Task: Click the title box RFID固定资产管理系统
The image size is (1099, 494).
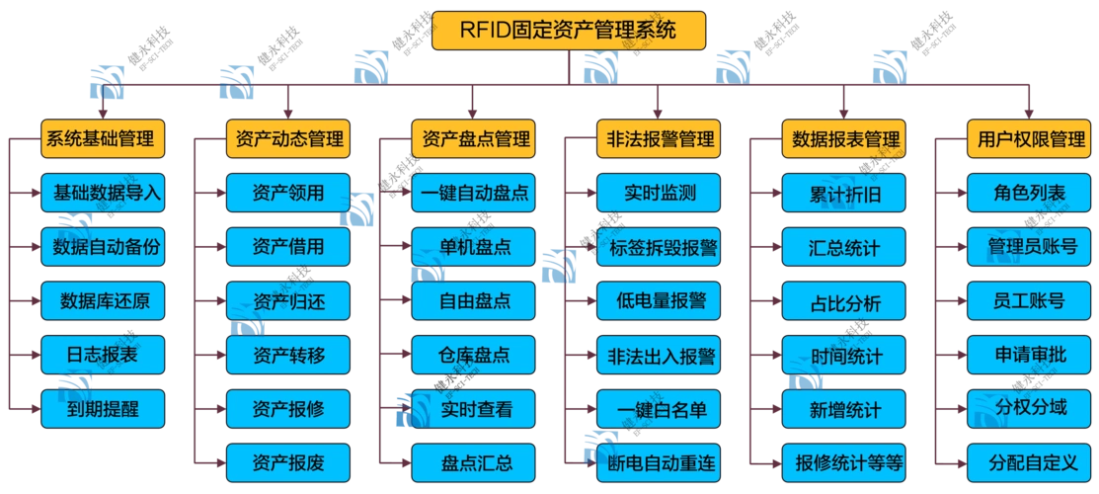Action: click(x=570, y=30)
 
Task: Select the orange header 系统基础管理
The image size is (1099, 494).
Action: click(x=102, y=139)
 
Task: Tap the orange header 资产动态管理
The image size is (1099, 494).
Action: click(x=287, y=139)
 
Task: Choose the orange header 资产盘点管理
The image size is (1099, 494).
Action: click(x=473, y=139)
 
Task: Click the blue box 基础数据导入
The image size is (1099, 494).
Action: click(x=102, y=193)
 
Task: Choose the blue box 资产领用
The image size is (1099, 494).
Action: click(x=287, y=193)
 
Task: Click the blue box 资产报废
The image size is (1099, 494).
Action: click(x=287, y=461)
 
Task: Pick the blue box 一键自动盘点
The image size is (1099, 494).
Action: click(x=473, y=193)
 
